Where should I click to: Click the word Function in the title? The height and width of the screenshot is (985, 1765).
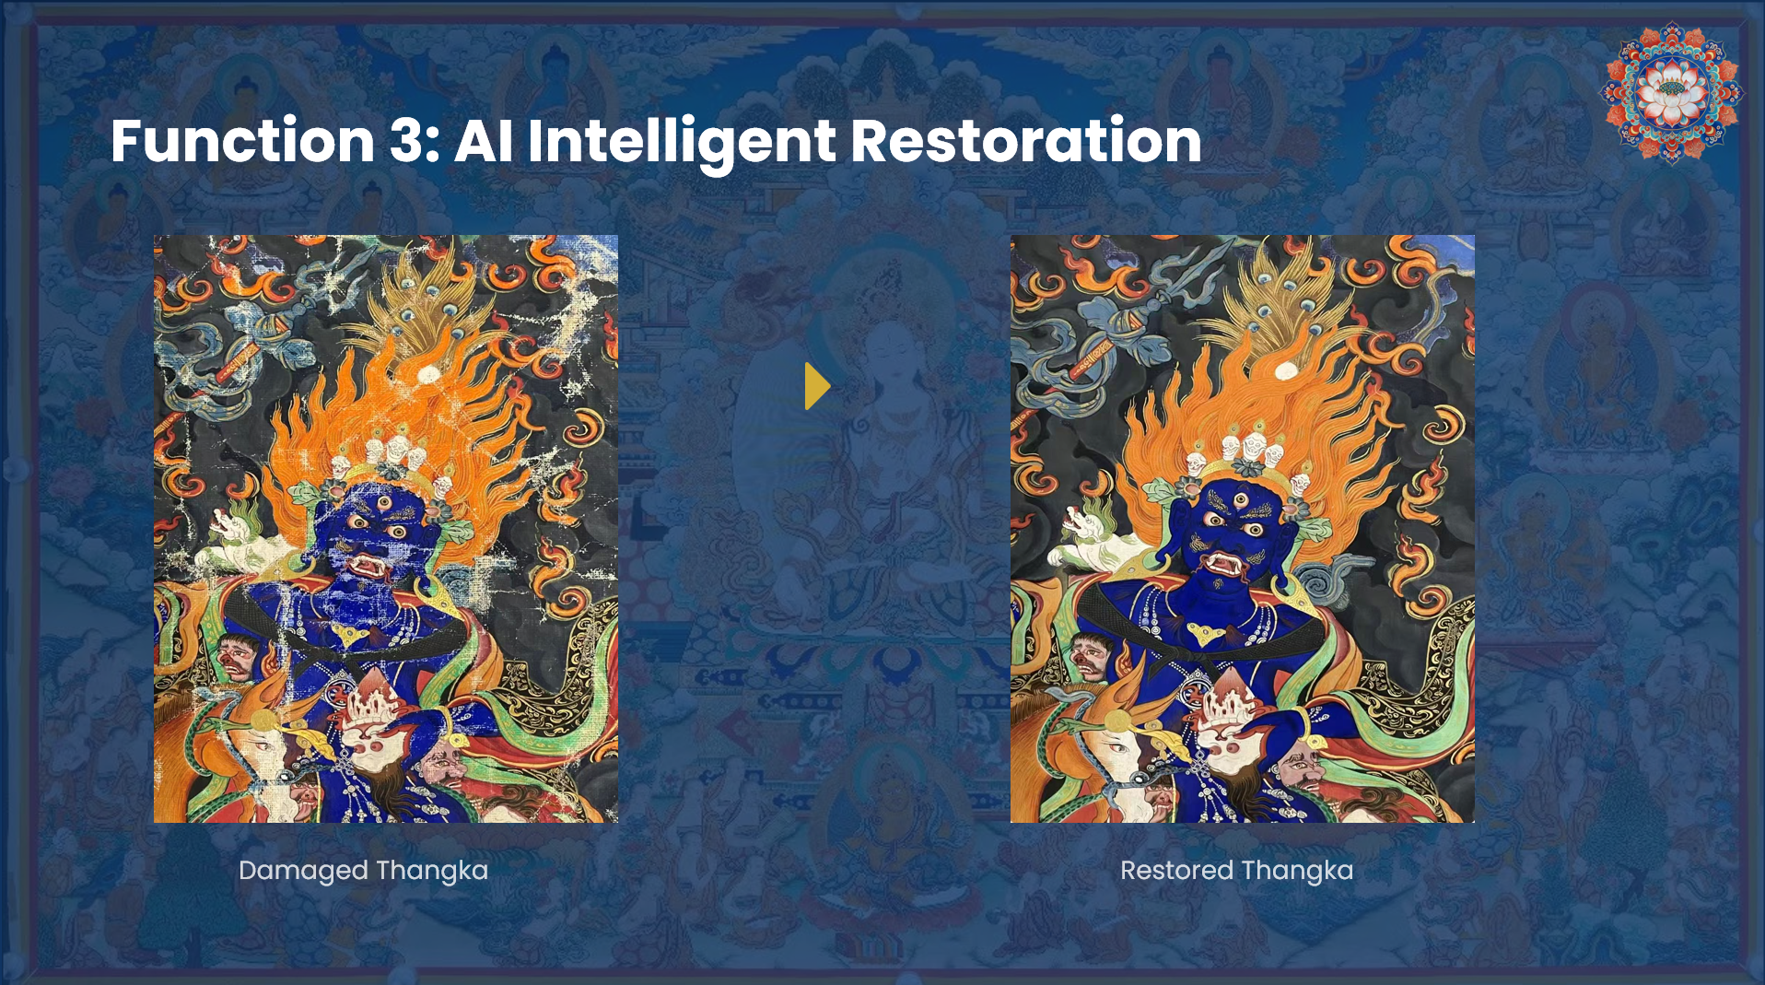pyautogui.click(x=242, y=141)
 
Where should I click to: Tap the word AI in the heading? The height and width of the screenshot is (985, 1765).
pyautogui.click(x=484, y=141)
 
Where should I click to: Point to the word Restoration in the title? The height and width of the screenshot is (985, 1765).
pyautogui.click(x=1026, y=141)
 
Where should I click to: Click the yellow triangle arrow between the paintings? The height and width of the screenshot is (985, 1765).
pyautogui.click(x=817, y=386)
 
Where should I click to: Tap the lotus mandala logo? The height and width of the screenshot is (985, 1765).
pyautogui.click(x=1671, y=92)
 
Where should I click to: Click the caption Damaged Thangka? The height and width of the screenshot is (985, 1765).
pyautogui.click(x=363, y=871)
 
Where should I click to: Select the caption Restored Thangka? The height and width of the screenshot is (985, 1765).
pyautogui.click(x=1237, y=870)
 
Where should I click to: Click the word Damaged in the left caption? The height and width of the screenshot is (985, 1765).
pyautogui.click(x=303, y=871)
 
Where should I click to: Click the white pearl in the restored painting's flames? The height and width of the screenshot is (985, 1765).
pyautogui.click(x=1285, y=369)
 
